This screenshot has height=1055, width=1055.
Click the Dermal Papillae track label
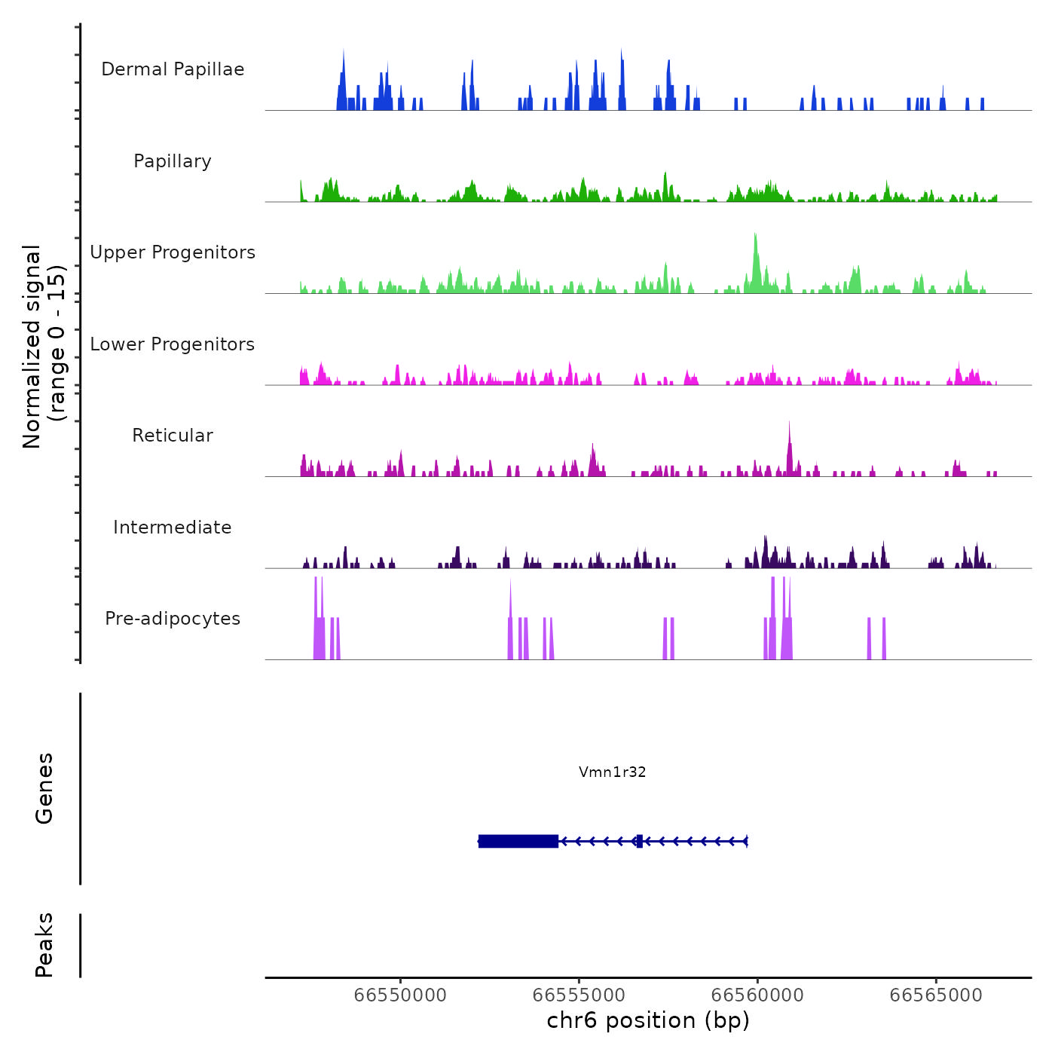click(173, 69)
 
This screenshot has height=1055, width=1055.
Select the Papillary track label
click(173, 161)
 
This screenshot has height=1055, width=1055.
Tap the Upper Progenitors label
click(173, 252)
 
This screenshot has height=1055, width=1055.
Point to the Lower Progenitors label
click(173, 344)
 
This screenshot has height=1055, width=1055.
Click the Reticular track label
click(173, 436)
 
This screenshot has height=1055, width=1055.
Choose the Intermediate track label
click(173, 527)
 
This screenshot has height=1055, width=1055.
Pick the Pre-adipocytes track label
click(173, 619)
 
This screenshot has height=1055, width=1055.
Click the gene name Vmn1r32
click(612, 772)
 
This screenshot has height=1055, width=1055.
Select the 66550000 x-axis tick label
click(400, 995)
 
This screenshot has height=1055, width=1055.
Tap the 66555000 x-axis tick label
click(579, 995)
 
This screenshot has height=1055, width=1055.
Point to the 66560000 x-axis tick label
click(757, 995)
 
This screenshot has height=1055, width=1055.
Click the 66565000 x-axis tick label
click(936, 995)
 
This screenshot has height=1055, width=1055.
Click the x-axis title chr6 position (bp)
click(648, 1020)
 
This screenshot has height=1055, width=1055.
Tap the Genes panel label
click(44, 787)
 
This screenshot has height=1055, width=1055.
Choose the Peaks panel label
click(44, 944)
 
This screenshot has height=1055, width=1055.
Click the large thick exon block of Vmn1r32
click(518, 841)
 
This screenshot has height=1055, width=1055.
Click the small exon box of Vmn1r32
click(639, 841)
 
